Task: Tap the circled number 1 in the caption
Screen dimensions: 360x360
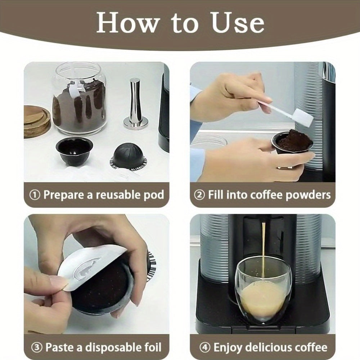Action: pyautogui.click(x=35, y=195)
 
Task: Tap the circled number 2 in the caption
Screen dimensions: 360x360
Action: pyautogui.click(x=199, y=195)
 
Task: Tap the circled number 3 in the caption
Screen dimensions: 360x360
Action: pyautogui.click(x=37, y=347)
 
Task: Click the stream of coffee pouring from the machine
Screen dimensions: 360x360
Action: pyautogui.click(x=264, y=248)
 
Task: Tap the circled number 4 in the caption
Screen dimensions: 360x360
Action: pyautogui.click(x=205, y=347)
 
